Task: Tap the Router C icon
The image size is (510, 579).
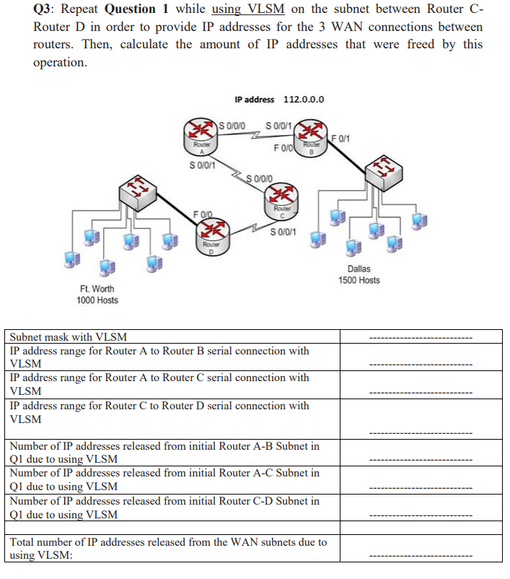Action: click(x=278, y=197)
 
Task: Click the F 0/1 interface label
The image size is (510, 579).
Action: click(x=340, y=137)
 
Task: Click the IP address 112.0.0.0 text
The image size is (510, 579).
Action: click(x=279, y=100)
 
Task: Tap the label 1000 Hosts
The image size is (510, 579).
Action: click(x=97, y=300)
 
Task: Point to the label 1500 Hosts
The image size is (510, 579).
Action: click(x=359, y=280)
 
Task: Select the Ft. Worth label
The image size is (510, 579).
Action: click(x=97, y=289)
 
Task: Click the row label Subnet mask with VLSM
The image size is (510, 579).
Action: click(x=68, y=336)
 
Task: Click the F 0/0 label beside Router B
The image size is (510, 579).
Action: click(x=283, y=149)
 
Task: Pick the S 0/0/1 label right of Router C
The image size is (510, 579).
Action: click(x=283, y=232)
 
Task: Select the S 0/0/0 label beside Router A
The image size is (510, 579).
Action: click(x=232, y=126)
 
